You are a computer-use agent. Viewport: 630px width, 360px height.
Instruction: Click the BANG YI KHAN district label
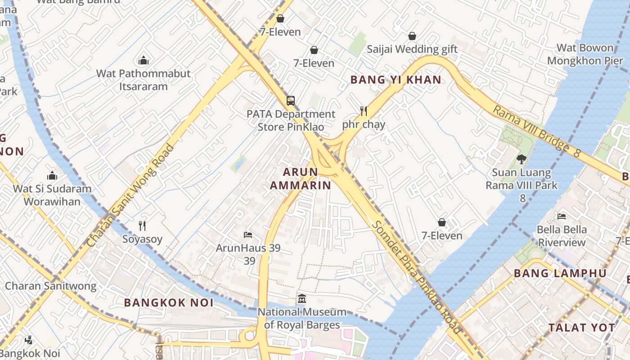(396, 80)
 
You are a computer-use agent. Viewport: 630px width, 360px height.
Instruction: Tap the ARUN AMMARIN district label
(301, 179)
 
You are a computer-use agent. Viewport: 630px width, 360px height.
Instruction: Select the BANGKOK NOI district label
(169, 302)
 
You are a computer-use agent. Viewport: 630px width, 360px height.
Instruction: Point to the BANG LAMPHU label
(560, 273)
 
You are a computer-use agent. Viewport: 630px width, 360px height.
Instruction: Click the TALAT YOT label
(581, 328)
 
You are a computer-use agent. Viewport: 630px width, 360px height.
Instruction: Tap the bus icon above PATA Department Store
(291, 101)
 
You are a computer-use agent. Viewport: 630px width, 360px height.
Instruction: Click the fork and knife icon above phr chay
(364, 111)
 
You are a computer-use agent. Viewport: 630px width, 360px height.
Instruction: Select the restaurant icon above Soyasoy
(142, 225)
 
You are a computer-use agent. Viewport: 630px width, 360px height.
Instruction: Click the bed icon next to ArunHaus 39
(248, 234)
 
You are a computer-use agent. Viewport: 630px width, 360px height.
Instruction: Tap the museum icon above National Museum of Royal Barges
(302, 298)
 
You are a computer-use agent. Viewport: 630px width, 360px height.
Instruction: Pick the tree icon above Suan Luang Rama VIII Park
(521, 159)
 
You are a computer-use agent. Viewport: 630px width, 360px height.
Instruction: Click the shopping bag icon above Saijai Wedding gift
(412, 36)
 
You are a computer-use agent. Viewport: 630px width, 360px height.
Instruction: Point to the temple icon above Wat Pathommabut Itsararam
(144, 60)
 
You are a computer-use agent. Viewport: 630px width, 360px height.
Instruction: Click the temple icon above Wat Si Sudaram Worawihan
(52, 175)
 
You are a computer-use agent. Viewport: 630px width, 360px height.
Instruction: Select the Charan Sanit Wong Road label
(130, 195)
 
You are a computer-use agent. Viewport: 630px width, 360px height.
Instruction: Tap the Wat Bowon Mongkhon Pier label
(585, 54)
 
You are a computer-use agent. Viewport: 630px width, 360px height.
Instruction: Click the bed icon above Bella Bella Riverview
(562, 216)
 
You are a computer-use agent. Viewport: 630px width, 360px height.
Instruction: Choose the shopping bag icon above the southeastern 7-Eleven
(442, 222)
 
